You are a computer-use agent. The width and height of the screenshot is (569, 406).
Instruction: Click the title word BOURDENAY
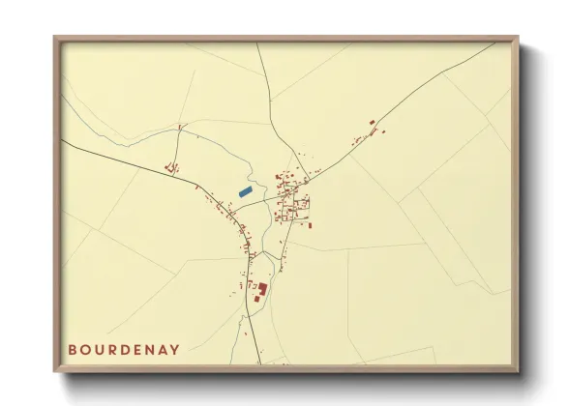124,349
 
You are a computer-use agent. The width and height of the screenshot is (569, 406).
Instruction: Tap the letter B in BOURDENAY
73,349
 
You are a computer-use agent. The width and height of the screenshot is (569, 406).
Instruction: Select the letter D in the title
124,349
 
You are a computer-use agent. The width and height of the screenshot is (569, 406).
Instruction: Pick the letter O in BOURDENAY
85,349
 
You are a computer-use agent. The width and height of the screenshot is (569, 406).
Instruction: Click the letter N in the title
149,349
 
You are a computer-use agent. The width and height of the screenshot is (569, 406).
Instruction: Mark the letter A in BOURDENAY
162,349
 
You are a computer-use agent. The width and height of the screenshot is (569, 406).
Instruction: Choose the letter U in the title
99,349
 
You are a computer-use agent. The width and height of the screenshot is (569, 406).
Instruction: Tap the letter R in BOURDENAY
111,349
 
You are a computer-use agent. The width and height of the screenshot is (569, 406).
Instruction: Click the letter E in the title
136,349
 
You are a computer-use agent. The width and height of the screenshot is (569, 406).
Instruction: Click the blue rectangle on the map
245,192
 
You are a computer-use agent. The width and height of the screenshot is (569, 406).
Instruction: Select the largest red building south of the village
261,288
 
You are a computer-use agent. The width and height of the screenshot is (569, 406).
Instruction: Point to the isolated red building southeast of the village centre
310,225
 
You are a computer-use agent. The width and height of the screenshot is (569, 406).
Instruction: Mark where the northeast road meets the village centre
306,181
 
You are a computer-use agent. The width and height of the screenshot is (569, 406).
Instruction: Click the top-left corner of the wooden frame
56,39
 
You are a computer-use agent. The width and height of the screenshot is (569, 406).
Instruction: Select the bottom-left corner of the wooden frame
56,370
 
